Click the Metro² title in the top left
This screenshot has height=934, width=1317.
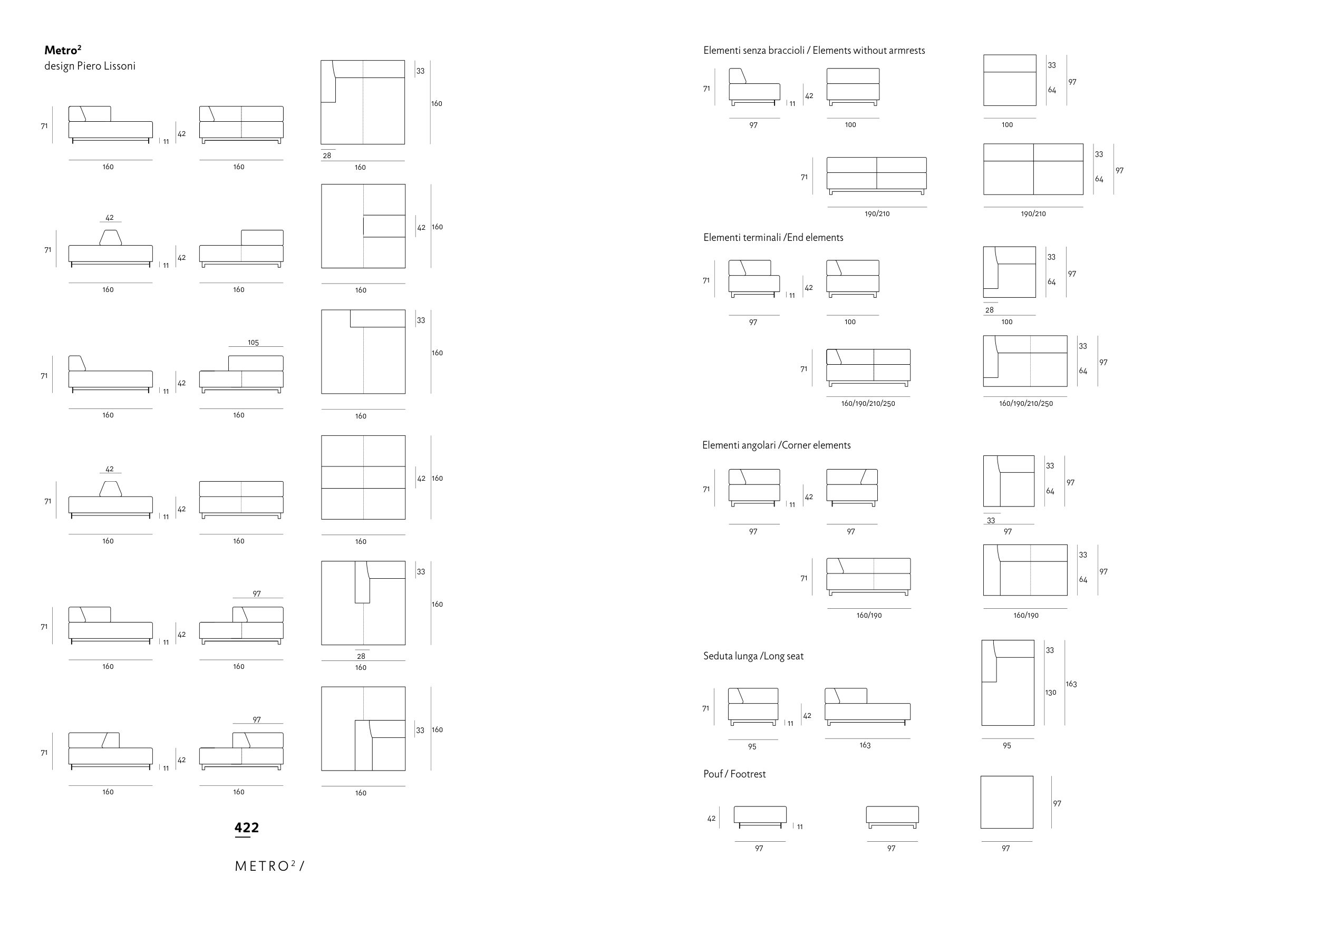[63, 50]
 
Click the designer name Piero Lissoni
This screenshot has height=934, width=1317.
[90, 66]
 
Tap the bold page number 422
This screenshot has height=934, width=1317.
[247, 828]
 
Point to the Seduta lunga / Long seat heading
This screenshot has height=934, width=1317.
[753, 656]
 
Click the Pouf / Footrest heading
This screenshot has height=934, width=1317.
[734, 774]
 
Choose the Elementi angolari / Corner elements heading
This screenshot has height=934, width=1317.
[776, 445]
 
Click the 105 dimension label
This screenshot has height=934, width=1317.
[253, 343]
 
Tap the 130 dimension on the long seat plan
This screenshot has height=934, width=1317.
[1051, 693]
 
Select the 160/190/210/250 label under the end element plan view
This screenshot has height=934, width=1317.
[1025, 404]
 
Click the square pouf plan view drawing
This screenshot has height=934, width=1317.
[1006, 802]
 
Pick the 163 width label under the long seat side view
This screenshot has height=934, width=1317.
[865, 745]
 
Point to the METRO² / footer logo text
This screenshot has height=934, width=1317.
[269, 866]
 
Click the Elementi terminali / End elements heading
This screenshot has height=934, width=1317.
[773, 238]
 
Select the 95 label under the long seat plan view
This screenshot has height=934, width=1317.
[1006, 746]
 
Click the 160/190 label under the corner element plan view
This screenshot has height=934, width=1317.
[1025, 616]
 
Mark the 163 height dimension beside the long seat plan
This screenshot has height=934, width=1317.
[1071, 684]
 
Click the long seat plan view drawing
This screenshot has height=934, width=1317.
[1008, 683]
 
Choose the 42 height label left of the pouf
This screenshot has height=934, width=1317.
[711, 819]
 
